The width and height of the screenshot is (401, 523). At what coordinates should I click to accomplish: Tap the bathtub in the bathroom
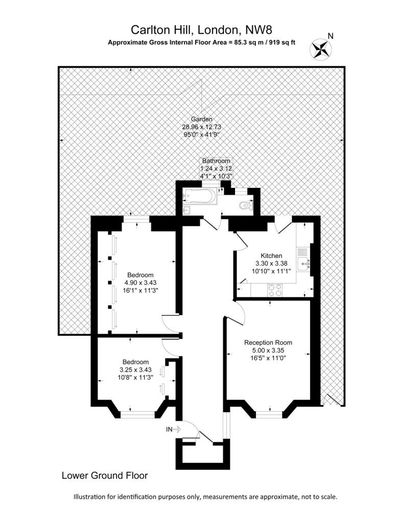[200, 196]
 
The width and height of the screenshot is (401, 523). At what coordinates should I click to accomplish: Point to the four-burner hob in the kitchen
[274, 290]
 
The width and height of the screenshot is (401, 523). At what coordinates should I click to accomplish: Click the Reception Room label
[268, 343]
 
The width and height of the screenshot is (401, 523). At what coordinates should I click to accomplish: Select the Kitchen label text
[271, 256]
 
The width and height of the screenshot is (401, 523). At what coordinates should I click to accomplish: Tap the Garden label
[201, 119]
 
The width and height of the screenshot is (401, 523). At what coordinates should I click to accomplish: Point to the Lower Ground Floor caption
[105, 476]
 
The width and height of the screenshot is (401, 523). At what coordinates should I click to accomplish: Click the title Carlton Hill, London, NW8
[201, 30]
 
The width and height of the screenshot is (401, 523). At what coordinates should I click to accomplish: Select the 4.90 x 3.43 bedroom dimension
[140, 282]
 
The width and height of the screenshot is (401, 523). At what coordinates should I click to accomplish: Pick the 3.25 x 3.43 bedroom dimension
[135, 370]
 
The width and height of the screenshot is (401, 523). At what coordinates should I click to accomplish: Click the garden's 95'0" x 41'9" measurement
[201, 134]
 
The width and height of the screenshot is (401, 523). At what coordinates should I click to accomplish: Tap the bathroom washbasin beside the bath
[186, 210]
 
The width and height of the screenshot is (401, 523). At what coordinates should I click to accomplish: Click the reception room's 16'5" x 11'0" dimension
[268, 358]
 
